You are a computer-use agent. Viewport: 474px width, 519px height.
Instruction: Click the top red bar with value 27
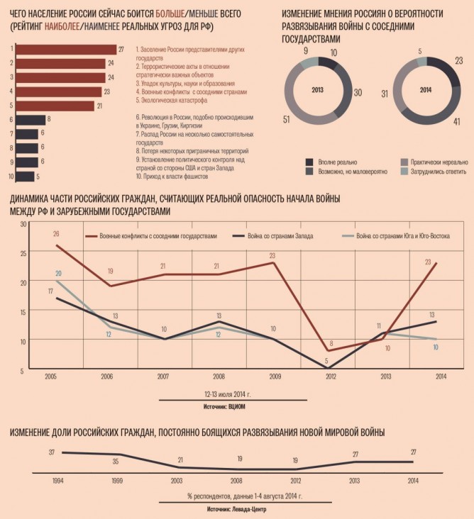[x=65, y=49]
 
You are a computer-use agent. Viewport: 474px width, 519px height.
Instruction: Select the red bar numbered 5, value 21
[x=55, y=106]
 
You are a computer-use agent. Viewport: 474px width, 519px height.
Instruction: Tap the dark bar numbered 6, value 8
[x=29, y=120]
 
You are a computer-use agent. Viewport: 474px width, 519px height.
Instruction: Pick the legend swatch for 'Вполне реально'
[x=309, y=162]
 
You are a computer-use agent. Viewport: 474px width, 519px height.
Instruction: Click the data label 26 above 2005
[x=56, y=233]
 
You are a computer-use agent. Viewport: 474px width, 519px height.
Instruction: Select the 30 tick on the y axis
[x=22, y=224]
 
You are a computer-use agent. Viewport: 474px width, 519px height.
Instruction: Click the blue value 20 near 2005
[x=58, y=273]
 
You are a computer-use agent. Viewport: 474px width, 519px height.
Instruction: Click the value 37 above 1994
[x=52, y=452]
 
